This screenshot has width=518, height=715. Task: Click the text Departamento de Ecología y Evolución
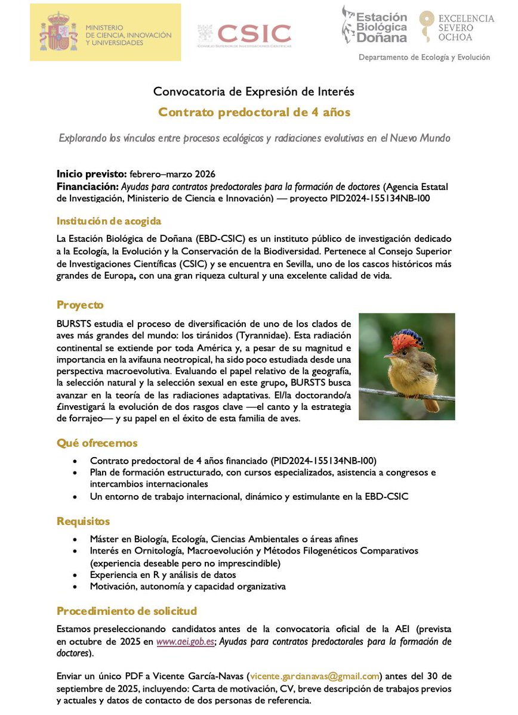coord(424,57)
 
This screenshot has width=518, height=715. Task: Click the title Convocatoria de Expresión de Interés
coord(254,92)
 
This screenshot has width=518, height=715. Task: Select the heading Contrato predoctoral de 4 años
coord(254,112)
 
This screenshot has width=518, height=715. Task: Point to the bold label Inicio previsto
coord(91,174)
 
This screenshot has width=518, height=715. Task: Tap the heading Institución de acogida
coord(109,221)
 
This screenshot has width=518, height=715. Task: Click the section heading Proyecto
coord(80,305)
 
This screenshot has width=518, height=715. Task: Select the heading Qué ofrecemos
coord(97,443)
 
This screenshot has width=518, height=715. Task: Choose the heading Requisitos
coord(83,521)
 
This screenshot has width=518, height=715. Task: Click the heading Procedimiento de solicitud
coord(127,611)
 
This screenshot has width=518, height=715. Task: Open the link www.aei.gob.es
coord(182,642)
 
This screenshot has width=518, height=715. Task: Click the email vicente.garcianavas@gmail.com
coord(314,676)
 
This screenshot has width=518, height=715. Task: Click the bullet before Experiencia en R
coord(74,575)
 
